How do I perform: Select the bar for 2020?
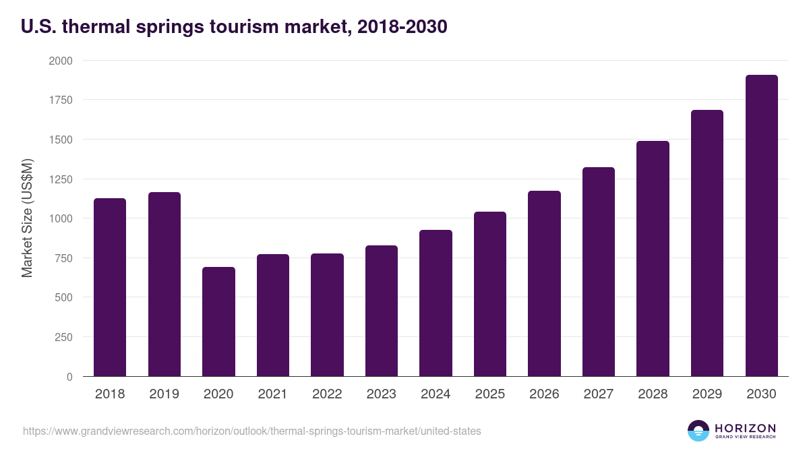218,322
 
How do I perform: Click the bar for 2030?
761,226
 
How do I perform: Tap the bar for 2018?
110,287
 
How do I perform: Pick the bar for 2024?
436,303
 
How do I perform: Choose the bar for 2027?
598,272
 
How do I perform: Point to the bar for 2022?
327,315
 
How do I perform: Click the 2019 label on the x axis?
164,394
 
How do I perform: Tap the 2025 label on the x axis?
489,394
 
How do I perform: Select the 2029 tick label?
707,394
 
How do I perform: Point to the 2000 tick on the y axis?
60,61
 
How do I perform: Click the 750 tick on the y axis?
63,258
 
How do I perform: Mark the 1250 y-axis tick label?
60,179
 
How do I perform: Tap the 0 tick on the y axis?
69,377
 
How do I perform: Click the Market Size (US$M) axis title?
27,218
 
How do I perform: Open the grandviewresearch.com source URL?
251,431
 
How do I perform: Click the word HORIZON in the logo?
744,428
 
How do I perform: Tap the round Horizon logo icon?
698,431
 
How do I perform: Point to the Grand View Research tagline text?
744,437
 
